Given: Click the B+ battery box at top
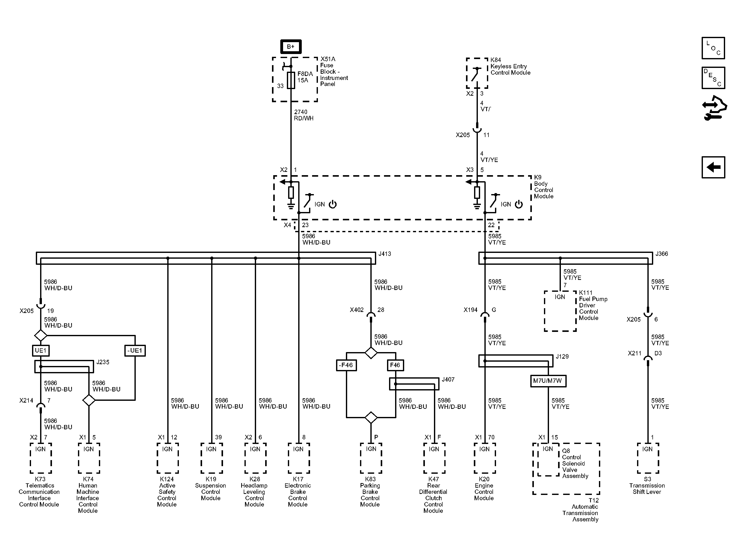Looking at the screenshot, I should (x=291, y=47).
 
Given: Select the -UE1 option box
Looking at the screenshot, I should (x=135, y=351).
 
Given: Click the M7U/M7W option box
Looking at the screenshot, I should (x=548, y=381).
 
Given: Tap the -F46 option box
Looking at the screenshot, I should (x=346, y=365).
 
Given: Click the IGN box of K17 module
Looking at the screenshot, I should (x=298, y=458).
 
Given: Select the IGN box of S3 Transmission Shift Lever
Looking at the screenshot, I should (x=648, y=458).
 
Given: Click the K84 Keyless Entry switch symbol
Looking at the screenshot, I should (x=477, y=73).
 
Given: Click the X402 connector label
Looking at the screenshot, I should (x=356, y=310).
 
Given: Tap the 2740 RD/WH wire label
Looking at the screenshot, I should (x=304, y=115).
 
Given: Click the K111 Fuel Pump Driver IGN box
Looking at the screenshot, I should (x=560, y=311).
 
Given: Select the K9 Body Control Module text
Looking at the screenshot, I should (x=543, y=187).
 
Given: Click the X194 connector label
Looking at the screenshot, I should (x=470, y=310).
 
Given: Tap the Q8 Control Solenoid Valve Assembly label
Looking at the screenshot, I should (x=575, y=463).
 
